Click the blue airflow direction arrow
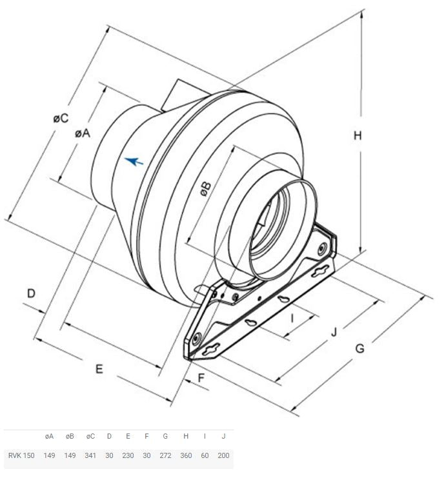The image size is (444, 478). [134, 161]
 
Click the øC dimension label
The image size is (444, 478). [61, 118]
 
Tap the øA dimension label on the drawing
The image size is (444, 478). [83, 133]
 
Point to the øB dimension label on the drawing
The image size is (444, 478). [205, 189]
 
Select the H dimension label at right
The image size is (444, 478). [358, 135]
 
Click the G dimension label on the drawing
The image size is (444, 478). [360, 348]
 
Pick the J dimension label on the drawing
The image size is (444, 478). [334, 332]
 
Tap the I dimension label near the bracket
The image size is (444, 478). [292, 319]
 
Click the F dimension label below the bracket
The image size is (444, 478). [201, 378]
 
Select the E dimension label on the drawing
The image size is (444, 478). [99, 369]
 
